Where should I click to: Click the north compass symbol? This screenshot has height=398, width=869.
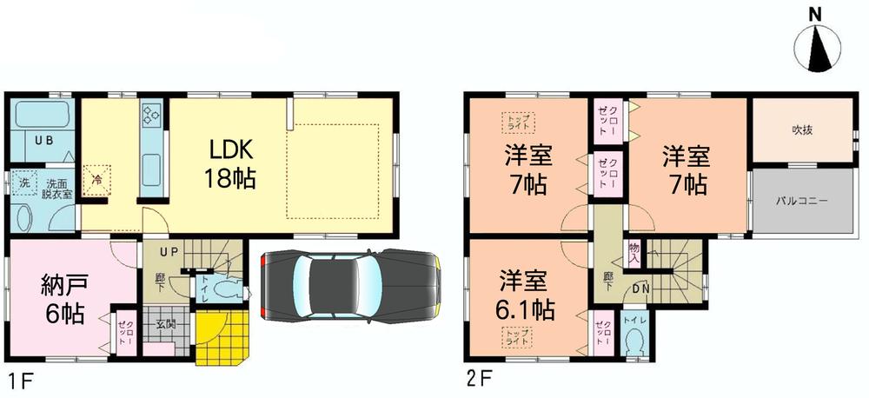tap(816, 48)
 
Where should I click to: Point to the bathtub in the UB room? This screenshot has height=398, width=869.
tap(42, 116)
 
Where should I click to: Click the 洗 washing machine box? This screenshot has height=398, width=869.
tap(23, 183)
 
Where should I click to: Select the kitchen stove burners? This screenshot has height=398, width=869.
tap(151, 115)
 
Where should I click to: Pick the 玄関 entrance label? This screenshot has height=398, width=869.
tap(165, 325)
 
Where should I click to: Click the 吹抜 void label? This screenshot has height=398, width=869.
tap(801, 130)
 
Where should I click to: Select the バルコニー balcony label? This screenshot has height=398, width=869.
tap(801, 200)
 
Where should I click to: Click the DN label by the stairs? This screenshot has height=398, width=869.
tap(641, 289)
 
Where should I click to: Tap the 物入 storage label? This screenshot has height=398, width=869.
tap(634, 253)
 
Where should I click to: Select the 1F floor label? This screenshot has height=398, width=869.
tap(18, 380)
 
